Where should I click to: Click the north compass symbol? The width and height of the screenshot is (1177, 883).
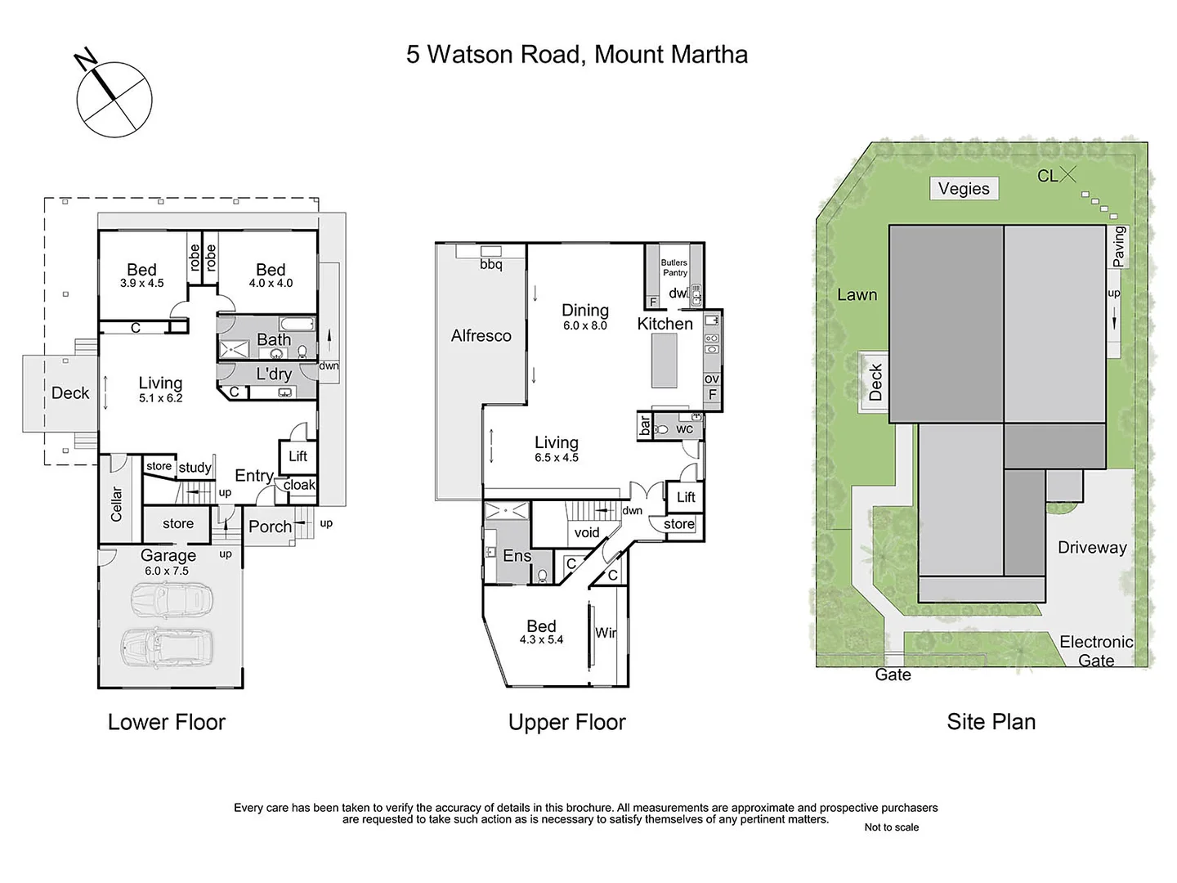tap(114, 99)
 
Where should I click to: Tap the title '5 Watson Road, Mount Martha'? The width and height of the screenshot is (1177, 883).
tap(576, 55)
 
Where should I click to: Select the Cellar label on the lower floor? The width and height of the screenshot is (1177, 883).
tap(116, 504)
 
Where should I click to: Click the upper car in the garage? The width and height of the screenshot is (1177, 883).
tap(172, 599)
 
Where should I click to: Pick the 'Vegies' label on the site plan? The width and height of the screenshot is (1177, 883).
tap(964, 189)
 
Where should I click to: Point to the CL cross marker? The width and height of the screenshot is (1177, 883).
tap(1067, 174)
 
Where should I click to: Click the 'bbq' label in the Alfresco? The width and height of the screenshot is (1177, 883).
tap(490, 264)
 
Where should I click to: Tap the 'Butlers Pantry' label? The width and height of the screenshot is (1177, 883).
tap(674, 267)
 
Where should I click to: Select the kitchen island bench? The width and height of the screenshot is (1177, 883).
tap(664, 361)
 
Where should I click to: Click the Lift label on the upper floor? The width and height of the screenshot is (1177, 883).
tap(686, 497)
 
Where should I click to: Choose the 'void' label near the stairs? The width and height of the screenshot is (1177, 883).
tap(587, 532)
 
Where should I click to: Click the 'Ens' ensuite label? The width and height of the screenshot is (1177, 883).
tap(517, 556)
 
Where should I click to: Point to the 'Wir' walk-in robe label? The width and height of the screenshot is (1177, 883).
tap(606, 632)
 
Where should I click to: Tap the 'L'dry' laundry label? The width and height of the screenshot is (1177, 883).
tap(274, 374)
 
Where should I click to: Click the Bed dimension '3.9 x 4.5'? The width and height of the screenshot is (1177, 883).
tap(141, 284)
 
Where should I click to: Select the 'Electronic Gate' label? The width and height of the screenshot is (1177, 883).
tap(1096, 651)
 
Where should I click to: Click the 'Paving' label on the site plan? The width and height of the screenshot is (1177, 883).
tap(1118, 247)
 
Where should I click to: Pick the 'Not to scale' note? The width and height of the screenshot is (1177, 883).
tap(891, 827)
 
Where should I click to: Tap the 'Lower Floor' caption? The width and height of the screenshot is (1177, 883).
tap(167, 722)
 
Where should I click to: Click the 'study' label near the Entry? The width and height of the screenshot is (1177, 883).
tap(195, 468)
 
